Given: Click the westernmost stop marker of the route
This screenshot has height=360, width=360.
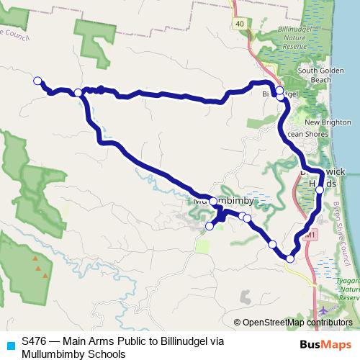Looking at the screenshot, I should [x=37, y=81].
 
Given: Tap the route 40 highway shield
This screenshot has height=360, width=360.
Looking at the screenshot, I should [x=239, y=24].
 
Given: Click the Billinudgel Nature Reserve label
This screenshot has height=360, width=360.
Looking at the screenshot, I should [x=279, y=35].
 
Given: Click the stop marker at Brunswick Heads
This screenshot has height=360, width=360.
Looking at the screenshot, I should [x=320, y=190].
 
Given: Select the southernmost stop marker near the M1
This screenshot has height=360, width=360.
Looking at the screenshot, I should [x=290, y=258].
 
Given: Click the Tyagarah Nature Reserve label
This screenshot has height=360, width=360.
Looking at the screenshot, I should [x=348, y=291].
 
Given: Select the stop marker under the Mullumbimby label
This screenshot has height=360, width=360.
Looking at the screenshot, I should [x=213, y=201].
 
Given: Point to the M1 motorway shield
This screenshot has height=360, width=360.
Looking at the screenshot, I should [x=310, y=235].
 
